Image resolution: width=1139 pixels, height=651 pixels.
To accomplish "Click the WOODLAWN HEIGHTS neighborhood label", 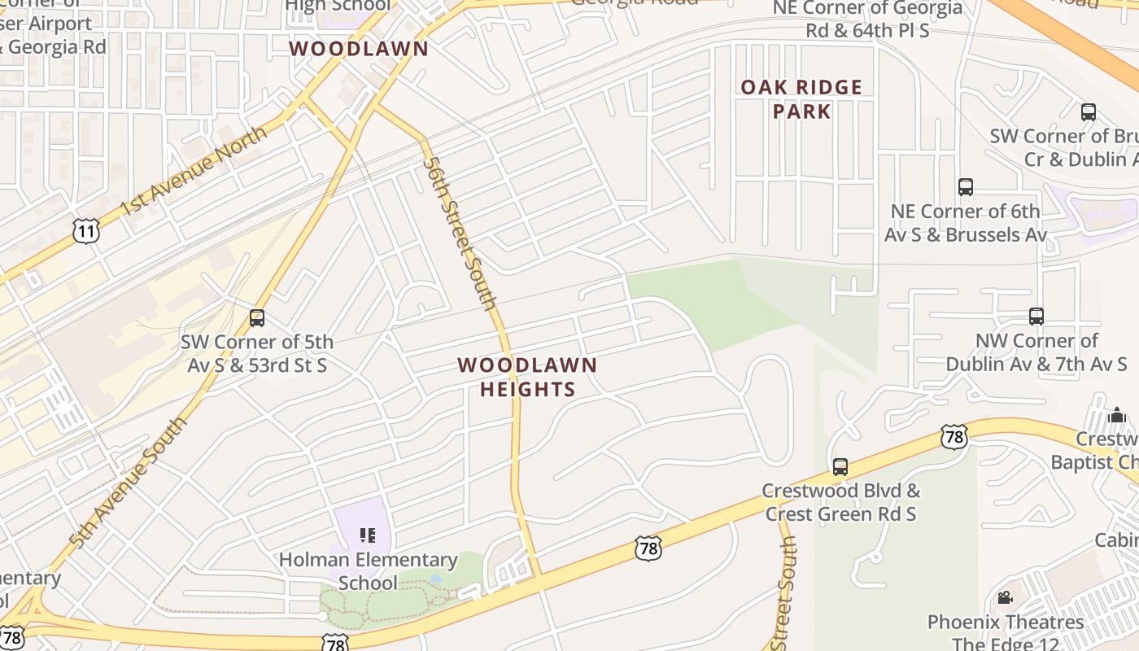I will point(527,378).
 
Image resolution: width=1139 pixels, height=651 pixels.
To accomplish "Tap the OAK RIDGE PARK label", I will point(801,99).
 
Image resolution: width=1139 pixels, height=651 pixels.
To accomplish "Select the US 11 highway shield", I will point(85,232).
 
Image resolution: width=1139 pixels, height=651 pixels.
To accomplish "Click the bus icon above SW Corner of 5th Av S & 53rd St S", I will point(257,318).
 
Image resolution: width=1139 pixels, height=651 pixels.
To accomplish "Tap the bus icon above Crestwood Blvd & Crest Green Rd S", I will point(840,467).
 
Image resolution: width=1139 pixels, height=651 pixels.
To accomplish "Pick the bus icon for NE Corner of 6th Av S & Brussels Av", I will point(966,187).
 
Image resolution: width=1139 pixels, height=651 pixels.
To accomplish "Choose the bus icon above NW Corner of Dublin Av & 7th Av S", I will point(1036,317).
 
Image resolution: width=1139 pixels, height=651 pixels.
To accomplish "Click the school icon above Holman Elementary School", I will point(368,535).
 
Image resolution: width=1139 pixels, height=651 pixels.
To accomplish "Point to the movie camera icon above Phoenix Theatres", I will point(1006,598).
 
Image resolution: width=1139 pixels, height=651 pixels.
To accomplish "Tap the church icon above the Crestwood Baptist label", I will point(1116,416).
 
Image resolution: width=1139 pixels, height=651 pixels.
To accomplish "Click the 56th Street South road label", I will point(460,234).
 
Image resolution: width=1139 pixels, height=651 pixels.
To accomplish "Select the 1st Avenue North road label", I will point(194,171).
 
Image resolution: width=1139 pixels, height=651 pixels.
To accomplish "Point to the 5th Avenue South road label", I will point(128,483).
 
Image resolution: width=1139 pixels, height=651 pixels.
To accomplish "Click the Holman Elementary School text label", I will point(368,571).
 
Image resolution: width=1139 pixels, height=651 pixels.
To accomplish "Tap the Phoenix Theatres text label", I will point(1006,623).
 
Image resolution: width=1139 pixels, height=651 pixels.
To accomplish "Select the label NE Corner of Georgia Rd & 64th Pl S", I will point(867,19).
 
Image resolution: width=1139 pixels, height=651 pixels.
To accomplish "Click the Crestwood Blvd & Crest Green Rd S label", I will point(840,502).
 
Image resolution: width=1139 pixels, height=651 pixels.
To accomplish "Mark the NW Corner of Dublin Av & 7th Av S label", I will point(1036,352).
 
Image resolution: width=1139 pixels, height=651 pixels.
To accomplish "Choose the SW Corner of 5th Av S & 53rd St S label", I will point(257,353).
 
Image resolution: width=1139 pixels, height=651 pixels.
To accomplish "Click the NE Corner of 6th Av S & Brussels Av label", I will point(966,222).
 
